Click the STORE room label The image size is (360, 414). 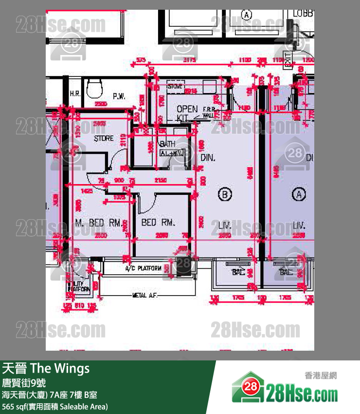click(x=104, y=138)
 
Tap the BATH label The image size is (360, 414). click(x=168, y=145)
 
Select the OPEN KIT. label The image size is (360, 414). click(x=187, y=113)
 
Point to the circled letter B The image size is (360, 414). click(x=224, y=195)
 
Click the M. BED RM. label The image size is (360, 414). click(x=98, y=223)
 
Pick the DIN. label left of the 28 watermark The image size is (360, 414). click(x=208, y=158)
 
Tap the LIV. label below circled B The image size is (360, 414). click(x=224, y=226)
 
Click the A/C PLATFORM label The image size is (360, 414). click(x=143, y=268)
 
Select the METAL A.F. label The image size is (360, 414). click(x=145, y=295)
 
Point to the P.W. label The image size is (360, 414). click(x=119, y=96)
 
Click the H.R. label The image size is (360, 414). click(x=75, y=94)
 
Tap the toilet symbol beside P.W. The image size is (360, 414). click(x=94, y=90)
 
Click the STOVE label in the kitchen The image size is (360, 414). click(x=174, y=87)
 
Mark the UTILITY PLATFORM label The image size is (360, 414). click(x=79, y=286)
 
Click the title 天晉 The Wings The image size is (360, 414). click(x=46, y=368)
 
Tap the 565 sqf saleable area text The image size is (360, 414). click(x=55, y=407)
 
